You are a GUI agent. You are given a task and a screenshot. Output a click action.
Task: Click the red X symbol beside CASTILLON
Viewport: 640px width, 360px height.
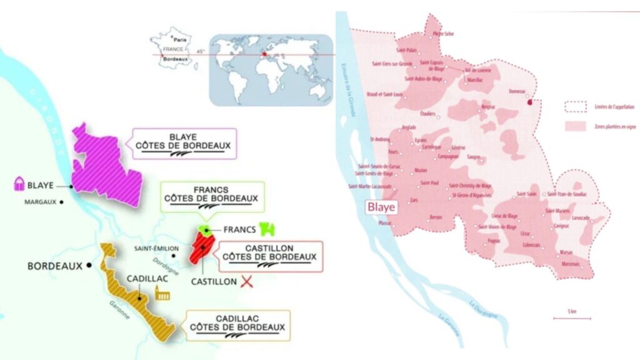(x=249, y=281)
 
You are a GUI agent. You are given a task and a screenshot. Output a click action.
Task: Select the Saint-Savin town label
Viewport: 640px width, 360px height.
(x=523, y=194)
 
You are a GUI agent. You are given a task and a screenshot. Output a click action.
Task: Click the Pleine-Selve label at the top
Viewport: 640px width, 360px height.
(x=443, y=34)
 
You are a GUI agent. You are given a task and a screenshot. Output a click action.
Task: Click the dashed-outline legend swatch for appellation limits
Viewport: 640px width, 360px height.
(x=574, y=106)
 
